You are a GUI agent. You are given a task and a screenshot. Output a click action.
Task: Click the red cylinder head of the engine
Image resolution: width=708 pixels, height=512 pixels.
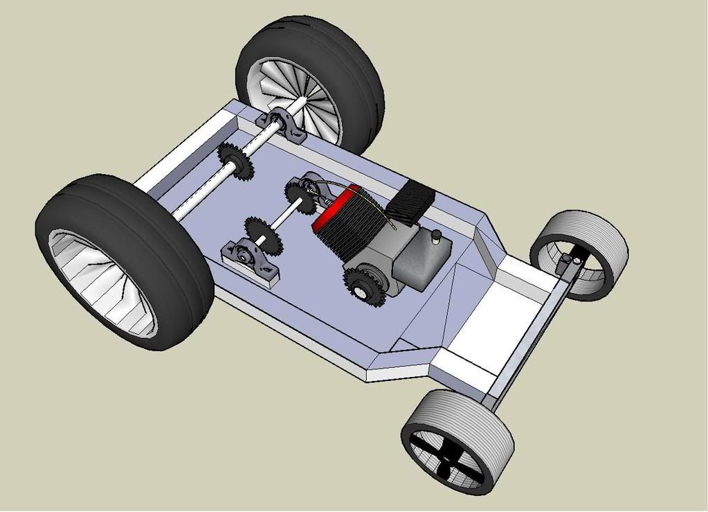[x=334, y=206]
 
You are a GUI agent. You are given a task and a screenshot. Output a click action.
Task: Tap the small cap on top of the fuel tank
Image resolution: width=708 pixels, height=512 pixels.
[x=437, y=237]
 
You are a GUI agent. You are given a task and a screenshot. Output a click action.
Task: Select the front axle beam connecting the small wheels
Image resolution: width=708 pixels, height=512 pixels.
[x=526, y=339]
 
